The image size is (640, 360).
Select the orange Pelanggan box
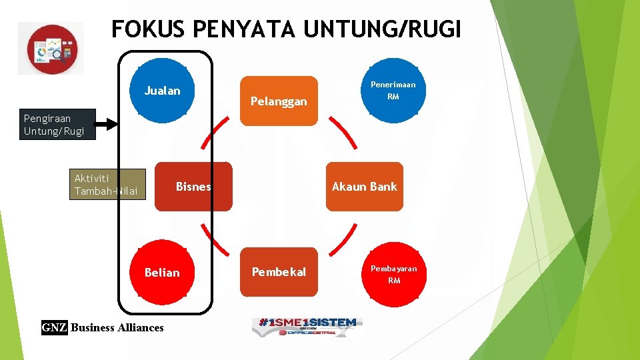279,101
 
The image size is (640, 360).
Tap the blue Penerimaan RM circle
393,90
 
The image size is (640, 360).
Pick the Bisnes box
193,187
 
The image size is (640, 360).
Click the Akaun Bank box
364,187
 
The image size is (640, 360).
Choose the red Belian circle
162,272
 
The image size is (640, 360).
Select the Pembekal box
279,272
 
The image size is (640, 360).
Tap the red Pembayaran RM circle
393,274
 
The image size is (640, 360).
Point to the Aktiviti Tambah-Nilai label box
107,185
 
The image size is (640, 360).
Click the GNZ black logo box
54,327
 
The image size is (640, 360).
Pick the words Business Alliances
117,327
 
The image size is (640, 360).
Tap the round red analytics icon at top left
51,49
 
